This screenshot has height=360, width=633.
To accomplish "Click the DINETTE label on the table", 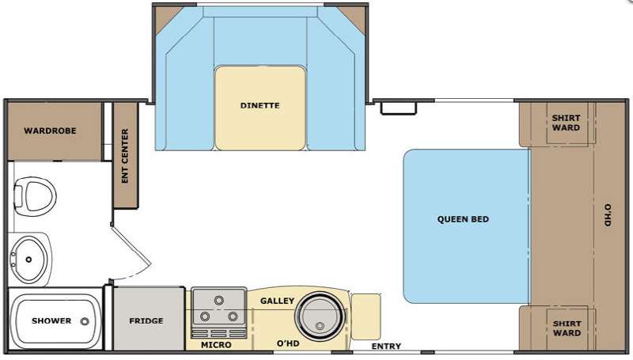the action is [x=260, y=106].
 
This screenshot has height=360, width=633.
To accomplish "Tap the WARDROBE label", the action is [x=50, y=131].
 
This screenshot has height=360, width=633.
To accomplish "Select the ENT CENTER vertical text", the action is [x=125, y=156].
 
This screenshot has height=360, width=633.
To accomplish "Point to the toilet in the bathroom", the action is [x=35, y=196].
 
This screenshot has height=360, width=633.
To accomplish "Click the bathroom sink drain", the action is [x=28, y=260].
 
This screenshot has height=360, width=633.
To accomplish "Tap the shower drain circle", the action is [x=85, y=322].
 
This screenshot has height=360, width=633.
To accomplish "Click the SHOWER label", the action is [x=51, y=321].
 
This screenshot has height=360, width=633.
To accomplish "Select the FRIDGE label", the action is [x=146, y=321].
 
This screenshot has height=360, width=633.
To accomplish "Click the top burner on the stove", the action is [x=219, y=301].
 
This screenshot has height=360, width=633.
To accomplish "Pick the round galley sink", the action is [x=320, y=315].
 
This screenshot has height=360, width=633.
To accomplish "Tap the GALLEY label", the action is [x=278, y=301].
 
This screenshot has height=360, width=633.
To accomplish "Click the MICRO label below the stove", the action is [x=216, y=345].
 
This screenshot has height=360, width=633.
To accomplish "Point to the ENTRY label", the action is [x=386, y=347].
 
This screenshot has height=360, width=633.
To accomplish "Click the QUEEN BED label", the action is [x=463, y=219].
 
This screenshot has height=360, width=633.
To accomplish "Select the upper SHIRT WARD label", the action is [x=566, y=123].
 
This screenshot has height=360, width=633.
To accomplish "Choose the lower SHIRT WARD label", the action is [x=567, y=328].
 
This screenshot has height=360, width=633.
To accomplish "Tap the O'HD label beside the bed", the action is [x=608, y=215].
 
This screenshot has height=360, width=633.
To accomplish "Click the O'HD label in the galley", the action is [x=288, y=343].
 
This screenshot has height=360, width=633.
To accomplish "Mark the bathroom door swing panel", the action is [x=131, y=246].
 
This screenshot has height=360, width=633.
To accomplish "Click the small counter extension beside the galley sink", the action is [x=366, y=316].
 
